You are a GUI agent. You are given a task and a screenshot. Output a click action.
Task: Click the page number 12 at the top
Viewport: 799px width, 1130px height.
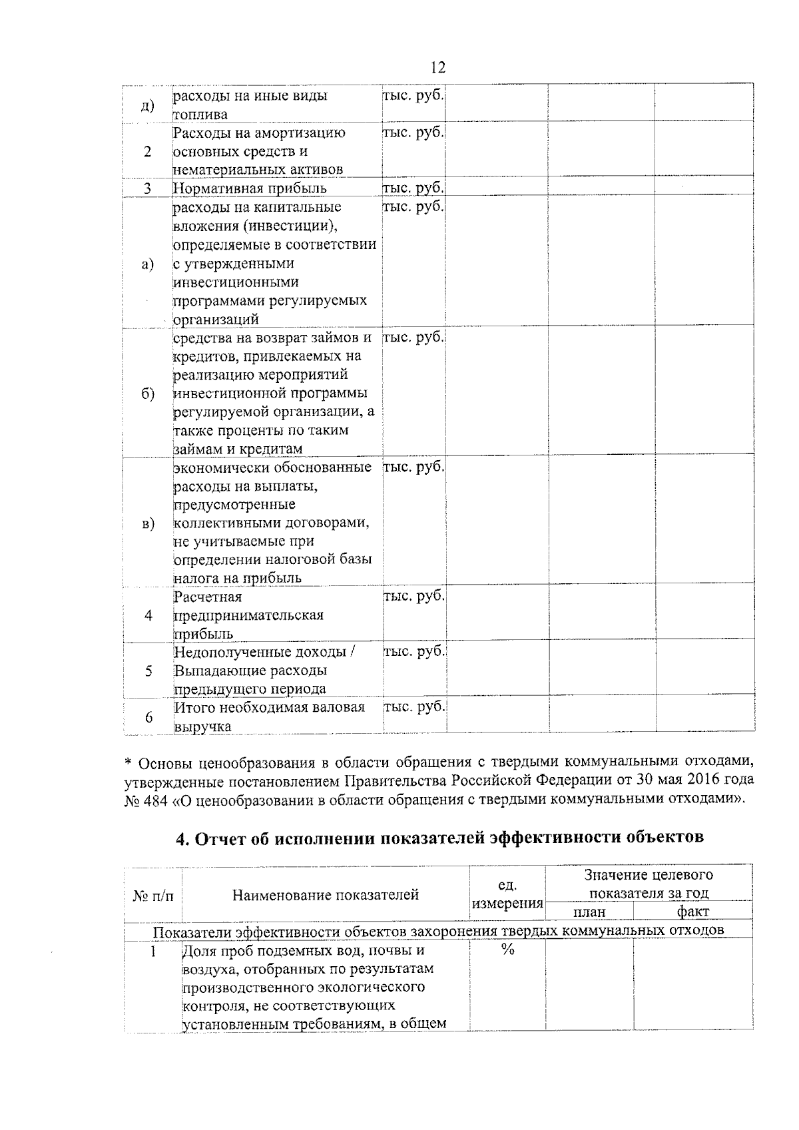(x=437, y=68)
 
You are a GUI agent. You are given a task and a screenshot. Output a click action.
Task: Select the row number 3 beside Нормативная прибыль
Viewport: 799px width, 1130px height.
(x=148, y=188)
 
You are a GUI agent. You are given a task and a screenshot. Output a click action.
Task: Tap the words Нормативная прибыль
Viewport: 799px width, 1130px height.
(x=250, y=188)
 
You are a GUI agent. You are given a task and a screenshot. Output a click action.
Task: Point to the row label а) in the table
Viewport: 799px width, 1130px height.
(x=148, y=264)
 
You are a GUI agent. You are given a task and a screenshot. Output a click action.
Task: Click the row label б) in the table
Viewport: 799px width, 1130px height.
(x=148, y=394)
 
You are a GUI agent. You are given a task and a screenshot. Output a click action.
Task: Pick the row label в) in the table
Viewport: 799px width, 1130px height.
(x=148, y=523)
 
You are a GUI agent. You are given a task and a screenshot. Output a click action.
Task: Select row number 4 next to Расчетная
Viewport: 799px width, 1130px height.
(x=148, y=615)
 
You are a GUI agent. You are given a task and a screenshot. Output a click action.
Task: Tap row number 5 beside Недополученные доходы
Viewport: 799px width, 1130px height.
(x=148, y=671)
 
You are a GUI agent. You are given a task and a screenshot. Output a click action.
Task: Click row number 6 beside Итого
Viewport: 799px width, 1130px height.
(x=148, y=717)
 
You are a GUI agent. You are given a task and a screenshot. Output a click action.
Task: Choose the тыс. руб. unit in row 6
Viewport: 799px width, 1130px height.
(x=414, y=707)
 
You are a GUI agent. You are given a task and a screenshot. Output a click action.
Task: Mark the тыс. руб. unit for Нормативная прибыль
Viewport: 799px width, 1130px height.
(x=413, y=188)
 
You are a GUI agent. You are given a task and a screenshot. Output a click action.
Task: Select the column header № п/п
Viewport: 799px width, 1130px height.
(x=153, y=896)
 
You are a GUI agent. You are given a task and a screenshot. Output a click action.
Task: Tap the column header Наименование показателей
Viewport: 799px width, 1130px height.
(x=326, y=895)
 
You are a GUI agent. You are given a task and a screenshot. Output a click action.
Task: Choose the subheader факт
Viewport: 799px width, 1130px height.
(x=692, y=912)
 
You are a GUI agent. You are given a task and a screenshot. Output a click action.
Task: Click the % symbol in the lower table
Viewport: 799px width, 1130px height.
(x=507, y=951)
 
